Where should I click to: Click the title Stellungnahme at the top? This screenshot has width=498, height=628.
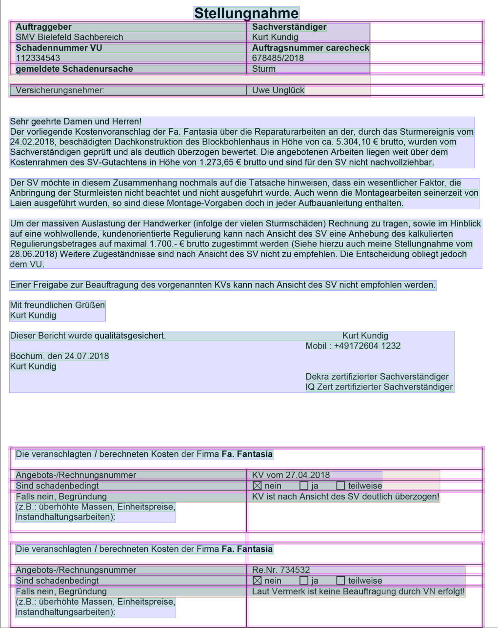pyautogui.click(x=246, y=13)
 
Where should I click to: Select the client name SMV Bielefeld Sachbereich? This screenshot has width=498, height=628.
pyautogui.click(x=69, y=37)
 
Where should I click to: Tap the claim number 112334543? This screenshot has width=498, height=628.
pyautogui.click(x=38, y=58)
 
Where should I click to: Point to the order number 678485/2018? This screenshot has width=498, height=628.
pyautogui.click(x=278, y=58)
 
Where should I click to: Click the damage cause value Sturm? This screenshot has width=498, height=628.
pyautogui.click(x=264, y=69)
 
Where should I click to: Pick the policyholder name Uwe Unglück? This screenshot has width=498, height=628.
pyautogui.click(x=278, y=90)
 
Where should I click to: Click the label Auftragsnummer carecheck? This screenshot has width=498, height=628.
pyautogui.click(x=310, y=48)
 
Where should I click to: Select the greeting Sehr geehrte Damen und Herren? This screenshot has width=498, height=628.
pyautogui.click(x=76, y=122)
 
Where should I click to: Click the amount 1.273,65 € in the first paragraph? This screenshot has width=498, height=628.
pyautogui.click(x=214, y=162)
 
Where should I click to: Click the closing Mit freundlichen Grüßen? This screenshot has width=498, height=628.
pyautogui.click(x=58, y=305)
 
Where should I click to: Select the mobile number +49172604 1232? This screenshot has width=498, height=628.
pyautogui.click(x=367, y=346)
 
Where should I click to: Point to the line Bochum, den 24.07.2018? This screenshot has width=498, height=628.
pyautogui.click(x=60, y=356)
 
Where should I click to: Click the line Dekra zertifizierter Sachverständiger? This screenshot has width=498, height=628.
pyautogui.click(x=377, y=377)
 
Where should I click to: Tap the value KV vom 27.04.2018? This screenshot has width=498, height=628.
pyautogui.click(x=291, y=475)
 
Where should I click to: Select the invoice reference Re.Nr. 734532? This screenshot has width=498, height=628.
pyautogui.click(x=280, y=570)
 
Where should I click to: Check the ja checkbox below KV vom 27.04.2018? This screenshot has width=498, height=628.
pyautogui.click(x=304, y=486)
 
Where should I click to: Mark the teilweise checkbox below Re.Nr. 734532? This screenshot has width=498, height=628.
pyautogui.click(x=340, y=581)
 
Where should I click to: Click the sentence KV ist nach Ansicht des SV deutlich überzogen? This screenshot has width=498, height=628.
pyautogui.click(x=345, y=497)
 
